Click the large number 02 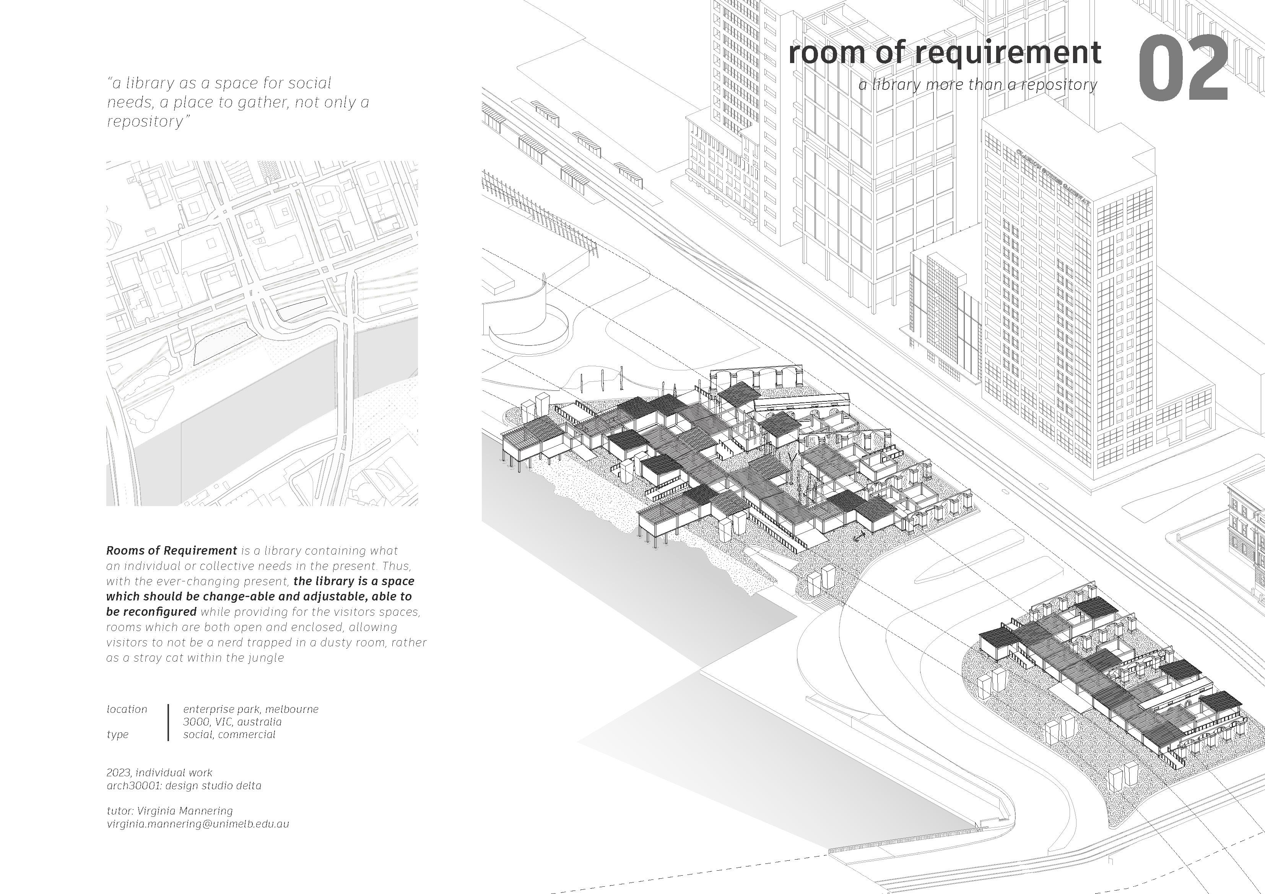pos(1182,68)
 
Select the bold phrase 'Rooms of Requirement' pos(171,550)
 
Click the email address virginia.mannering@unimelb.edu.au pos(198,824)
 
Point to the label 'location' pos(127,709)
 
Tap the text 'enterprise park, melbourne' pos(251,709)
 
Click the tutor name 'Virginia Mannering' pos(185,811)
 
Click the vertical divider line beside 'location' pos(168,722)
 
